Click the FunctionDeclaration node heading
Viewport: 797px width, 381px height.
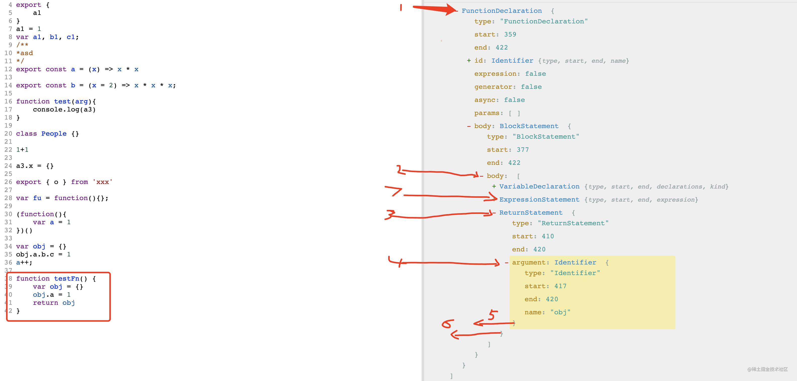(502, 11)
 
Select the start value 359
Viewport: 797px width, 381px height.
(510, 34)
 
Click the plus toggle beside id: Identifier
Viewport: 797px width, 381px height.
(469, 61)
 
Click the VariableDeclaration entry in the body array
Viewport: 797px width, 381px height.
(539, 186)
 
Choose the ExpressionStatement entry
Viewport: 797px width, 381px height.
(539, 200)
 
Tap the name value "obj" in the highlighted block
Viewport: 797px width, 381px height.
(560, 312)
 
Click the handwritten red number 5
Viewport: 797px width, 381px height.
(493, 315)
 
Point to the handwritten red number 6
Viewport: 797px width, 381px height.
(448, 324)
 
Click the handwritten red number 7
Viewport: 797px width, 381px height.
(393, 190)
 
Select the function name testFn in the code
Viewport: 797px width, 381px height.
(67, 279)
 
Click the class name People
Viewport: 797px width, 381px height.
(54, 134)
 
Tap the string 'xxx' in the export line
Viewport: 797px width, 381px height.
(103, 182)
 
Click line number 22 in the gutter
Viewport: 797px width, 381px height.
(8, 150)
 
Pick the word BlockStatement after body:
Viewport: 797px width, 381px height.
(529, 126)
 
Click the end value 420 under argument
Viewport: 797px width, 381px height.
(552, 299)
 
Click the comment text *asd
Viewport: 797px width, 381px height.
(25, 53)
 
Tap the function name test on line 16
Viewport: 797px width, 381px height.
(62, 101)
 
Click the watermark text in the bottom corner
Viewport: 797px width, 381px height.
(767, 369)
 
